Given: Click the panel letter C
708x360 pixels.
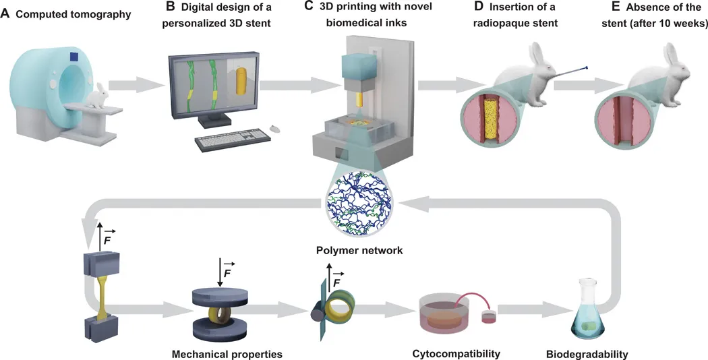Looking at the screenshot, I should [309, 6].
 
